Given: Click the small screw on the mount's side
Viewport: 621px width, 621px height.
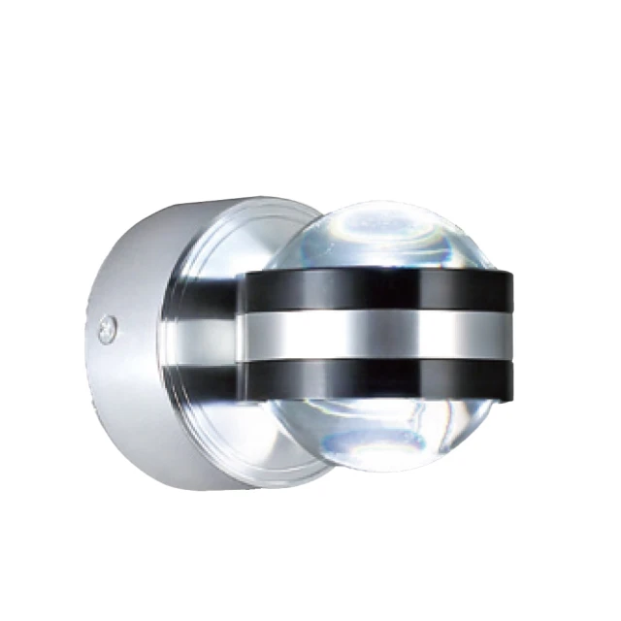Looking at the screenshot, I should point(106,329).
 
